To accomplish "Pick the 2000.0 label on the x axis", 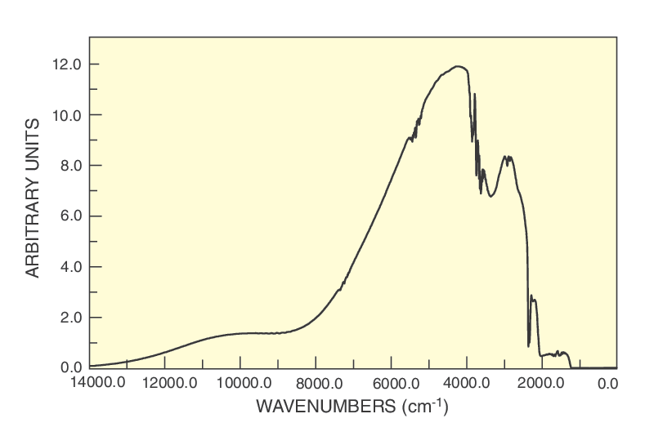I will click(x=541, y=382).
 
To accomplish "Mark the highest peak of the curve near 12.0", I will click(x=458, y=66).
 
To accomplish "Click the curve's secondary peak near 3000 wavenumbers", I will click(x=508, y=157).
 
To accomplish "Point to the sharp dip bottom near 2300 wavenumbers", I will click(x=529, y=345).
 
